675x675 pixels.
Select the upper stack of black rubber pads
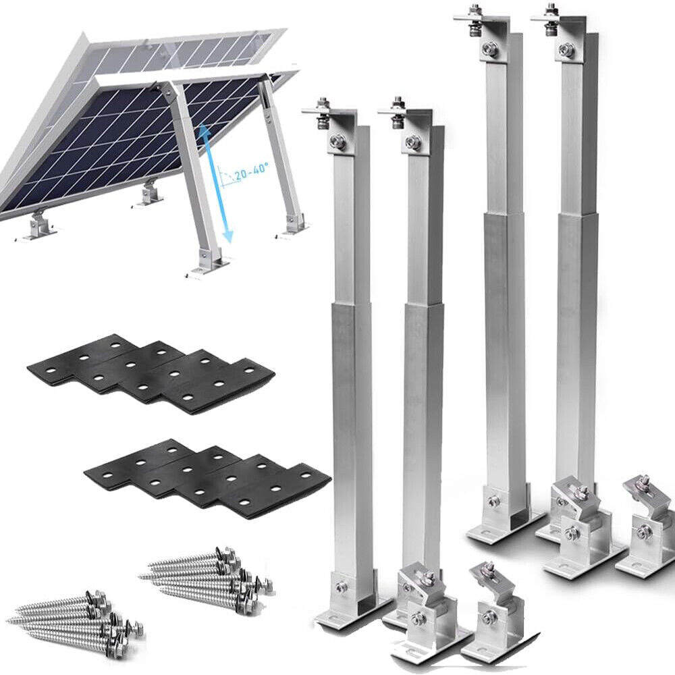tap(152, 373)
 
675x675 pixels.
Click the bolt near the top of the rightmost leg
tap(567, 49)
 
